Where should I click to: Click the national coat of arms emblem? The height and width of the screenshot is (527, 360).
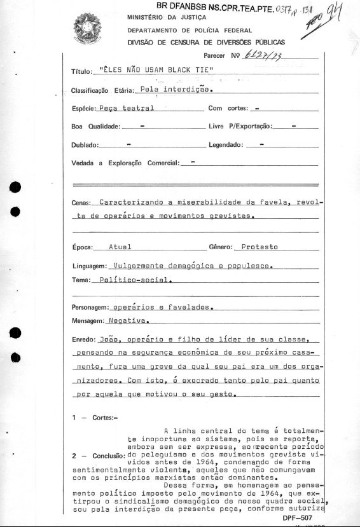[x=88, y=29]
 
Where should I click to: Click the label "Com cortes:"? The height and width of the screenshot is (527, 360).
[x=228, y=109]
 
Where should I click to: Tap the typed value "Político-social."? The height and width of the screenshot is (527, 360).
[x=133, y=279]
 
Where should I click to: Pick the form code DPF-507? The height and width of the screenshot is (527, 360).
[x=298, y=518]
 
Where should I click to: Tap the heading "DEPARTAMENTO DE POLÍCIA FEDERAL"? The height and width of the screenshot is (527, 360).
[x=190, y=30]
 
